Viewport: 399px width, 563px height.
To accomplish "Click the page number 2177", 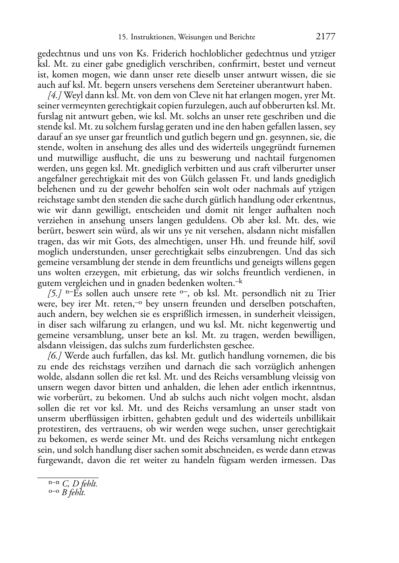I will point(325,37).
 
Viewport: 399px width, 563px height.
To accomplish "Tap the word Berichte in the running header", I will point(242,37).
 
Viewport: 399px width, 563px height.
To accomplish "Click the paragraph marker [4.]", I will point(55,95).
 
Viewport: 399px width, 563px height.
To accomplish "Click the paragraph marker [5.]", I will point(55,294).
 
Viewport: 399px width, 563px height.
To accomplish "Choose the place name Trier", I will point(326,294).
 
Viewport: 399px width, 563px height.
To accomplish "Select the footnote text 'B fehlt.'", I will point(74,493).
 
